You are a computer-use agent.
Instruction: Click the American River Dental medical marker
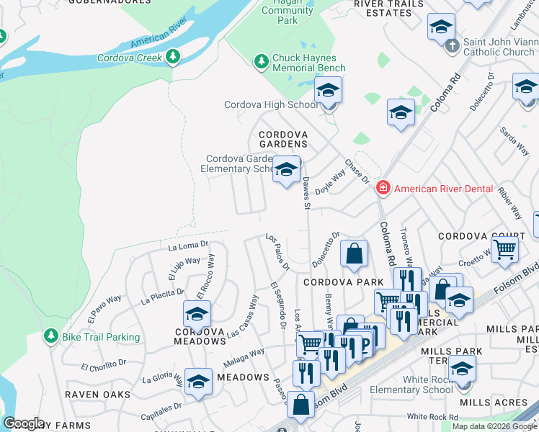[x=383, y=189]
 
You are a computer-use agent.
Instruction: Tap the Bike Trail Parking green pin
[x=50, y=336]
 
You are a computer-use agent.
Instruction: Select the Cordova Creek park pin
[x=172, y=57]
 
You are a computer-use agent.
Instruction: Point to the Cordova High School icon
[x=328, y=91]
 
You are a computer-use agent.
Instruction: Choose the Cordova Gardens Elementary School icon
[x=286, y=171]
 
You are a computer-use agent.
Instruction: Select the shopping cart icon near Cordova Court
[x=507, y=249]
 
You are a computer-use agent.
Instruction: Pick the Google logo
[x=24, y=423]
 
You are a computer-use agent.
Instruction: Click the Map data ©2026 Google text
[x=494, y=426]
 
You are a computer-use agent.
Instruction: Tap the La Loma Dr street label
[x=188, y=246]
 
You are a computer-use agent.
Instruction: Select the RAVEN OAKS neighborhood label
[x=98, y=395]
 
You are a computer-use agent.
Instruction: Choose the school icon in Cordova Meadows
[x=197, y=315]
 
